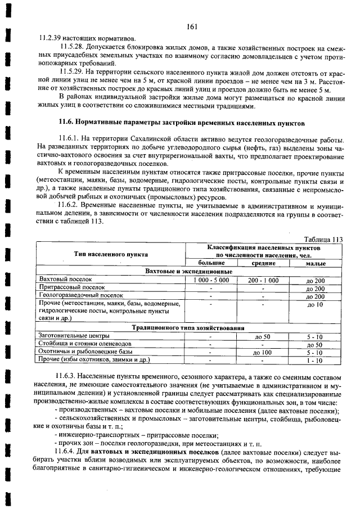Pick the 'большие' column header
(x=210, y=263)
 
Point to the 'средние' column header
(x=263, y=263)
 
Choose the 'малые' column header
(x=316, y=263)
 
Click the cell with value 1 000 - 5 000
(x=210, y=280)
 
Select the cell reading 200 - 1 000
(x=263, y=280)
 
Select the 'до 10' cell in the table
(x=316, y=304)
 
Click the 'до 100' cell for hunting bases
(x=263, y=352)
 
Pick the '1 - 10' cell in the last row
(x=316, y=360)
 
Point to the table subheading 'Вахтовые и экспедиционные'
(x=184, y=271)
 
